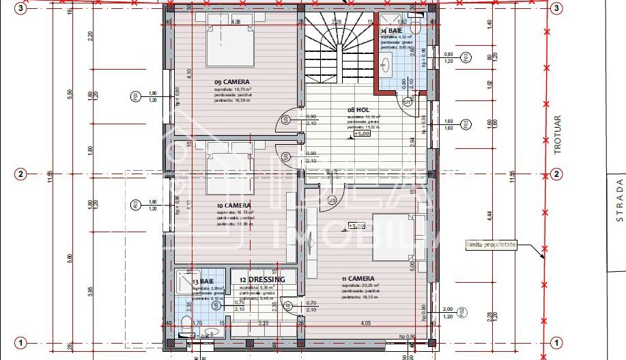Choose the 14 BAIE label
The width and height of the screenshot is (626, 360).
(392, 31)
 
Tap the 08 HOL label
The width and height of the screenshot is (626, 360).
(358, 109)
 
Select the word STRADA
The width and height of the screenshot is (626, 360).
(619, 199)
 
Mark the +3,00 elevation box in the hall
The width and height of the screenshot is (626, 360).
(361, 134)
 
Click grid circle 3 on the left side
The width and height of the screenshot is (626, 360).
(21, 8)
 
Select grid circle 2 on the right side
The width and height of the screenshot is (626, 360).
(556, 174)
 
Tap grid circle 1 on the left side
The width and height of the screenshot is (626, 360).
(21, 342)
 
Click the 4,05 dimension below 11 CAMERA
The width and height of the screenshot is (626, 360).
(366, 323)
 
